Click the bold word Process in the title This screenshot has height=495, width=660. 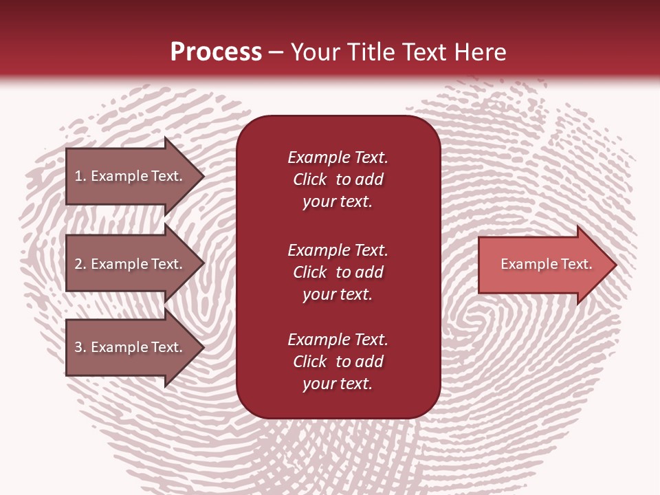point(216,52)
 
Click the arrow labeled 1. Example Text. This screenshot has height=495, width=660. point(129,176)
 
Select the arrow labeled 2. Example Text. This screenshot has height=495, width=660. point(129,264)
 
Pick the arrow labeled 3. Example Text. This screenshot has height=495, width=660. point(129,347)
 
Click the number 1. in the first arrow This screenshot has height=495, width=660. point(80,176)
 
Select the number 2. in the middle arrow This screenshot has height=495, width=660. point(80,264)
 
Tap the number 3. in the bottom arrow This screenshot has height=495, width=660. point(80,347)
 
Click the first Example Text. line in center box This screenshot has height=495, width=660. point(338,157)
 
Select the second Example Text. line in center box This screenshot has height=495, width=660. point(338,250)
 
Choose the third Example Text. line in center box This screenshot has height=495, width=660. point(338,340)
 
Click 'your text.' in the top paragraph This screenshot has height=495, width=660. point(338,202)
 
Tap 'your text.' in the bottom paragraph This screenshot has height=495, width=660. point(338,384)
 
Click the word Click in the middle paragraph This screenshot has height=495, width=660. point(309,272)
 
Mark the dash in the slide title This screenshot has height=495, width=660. point(276,53)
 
